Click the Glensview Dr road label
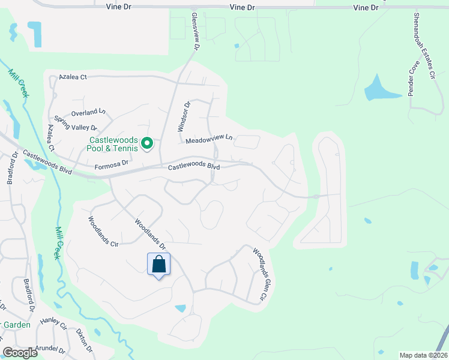[195, 31]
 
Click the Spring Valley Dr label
[76, 123]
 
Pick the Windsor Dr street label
[184, 116]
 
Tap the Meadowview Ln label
[208, 139]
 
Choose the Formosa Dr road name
[112, 163]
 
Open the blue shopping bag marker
[159, 265]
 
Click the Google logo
[20, 353]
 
